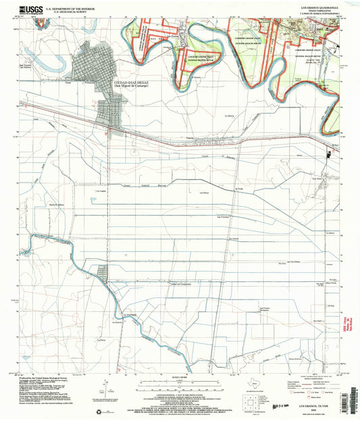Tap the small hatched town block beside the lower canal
pos(102,274)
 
